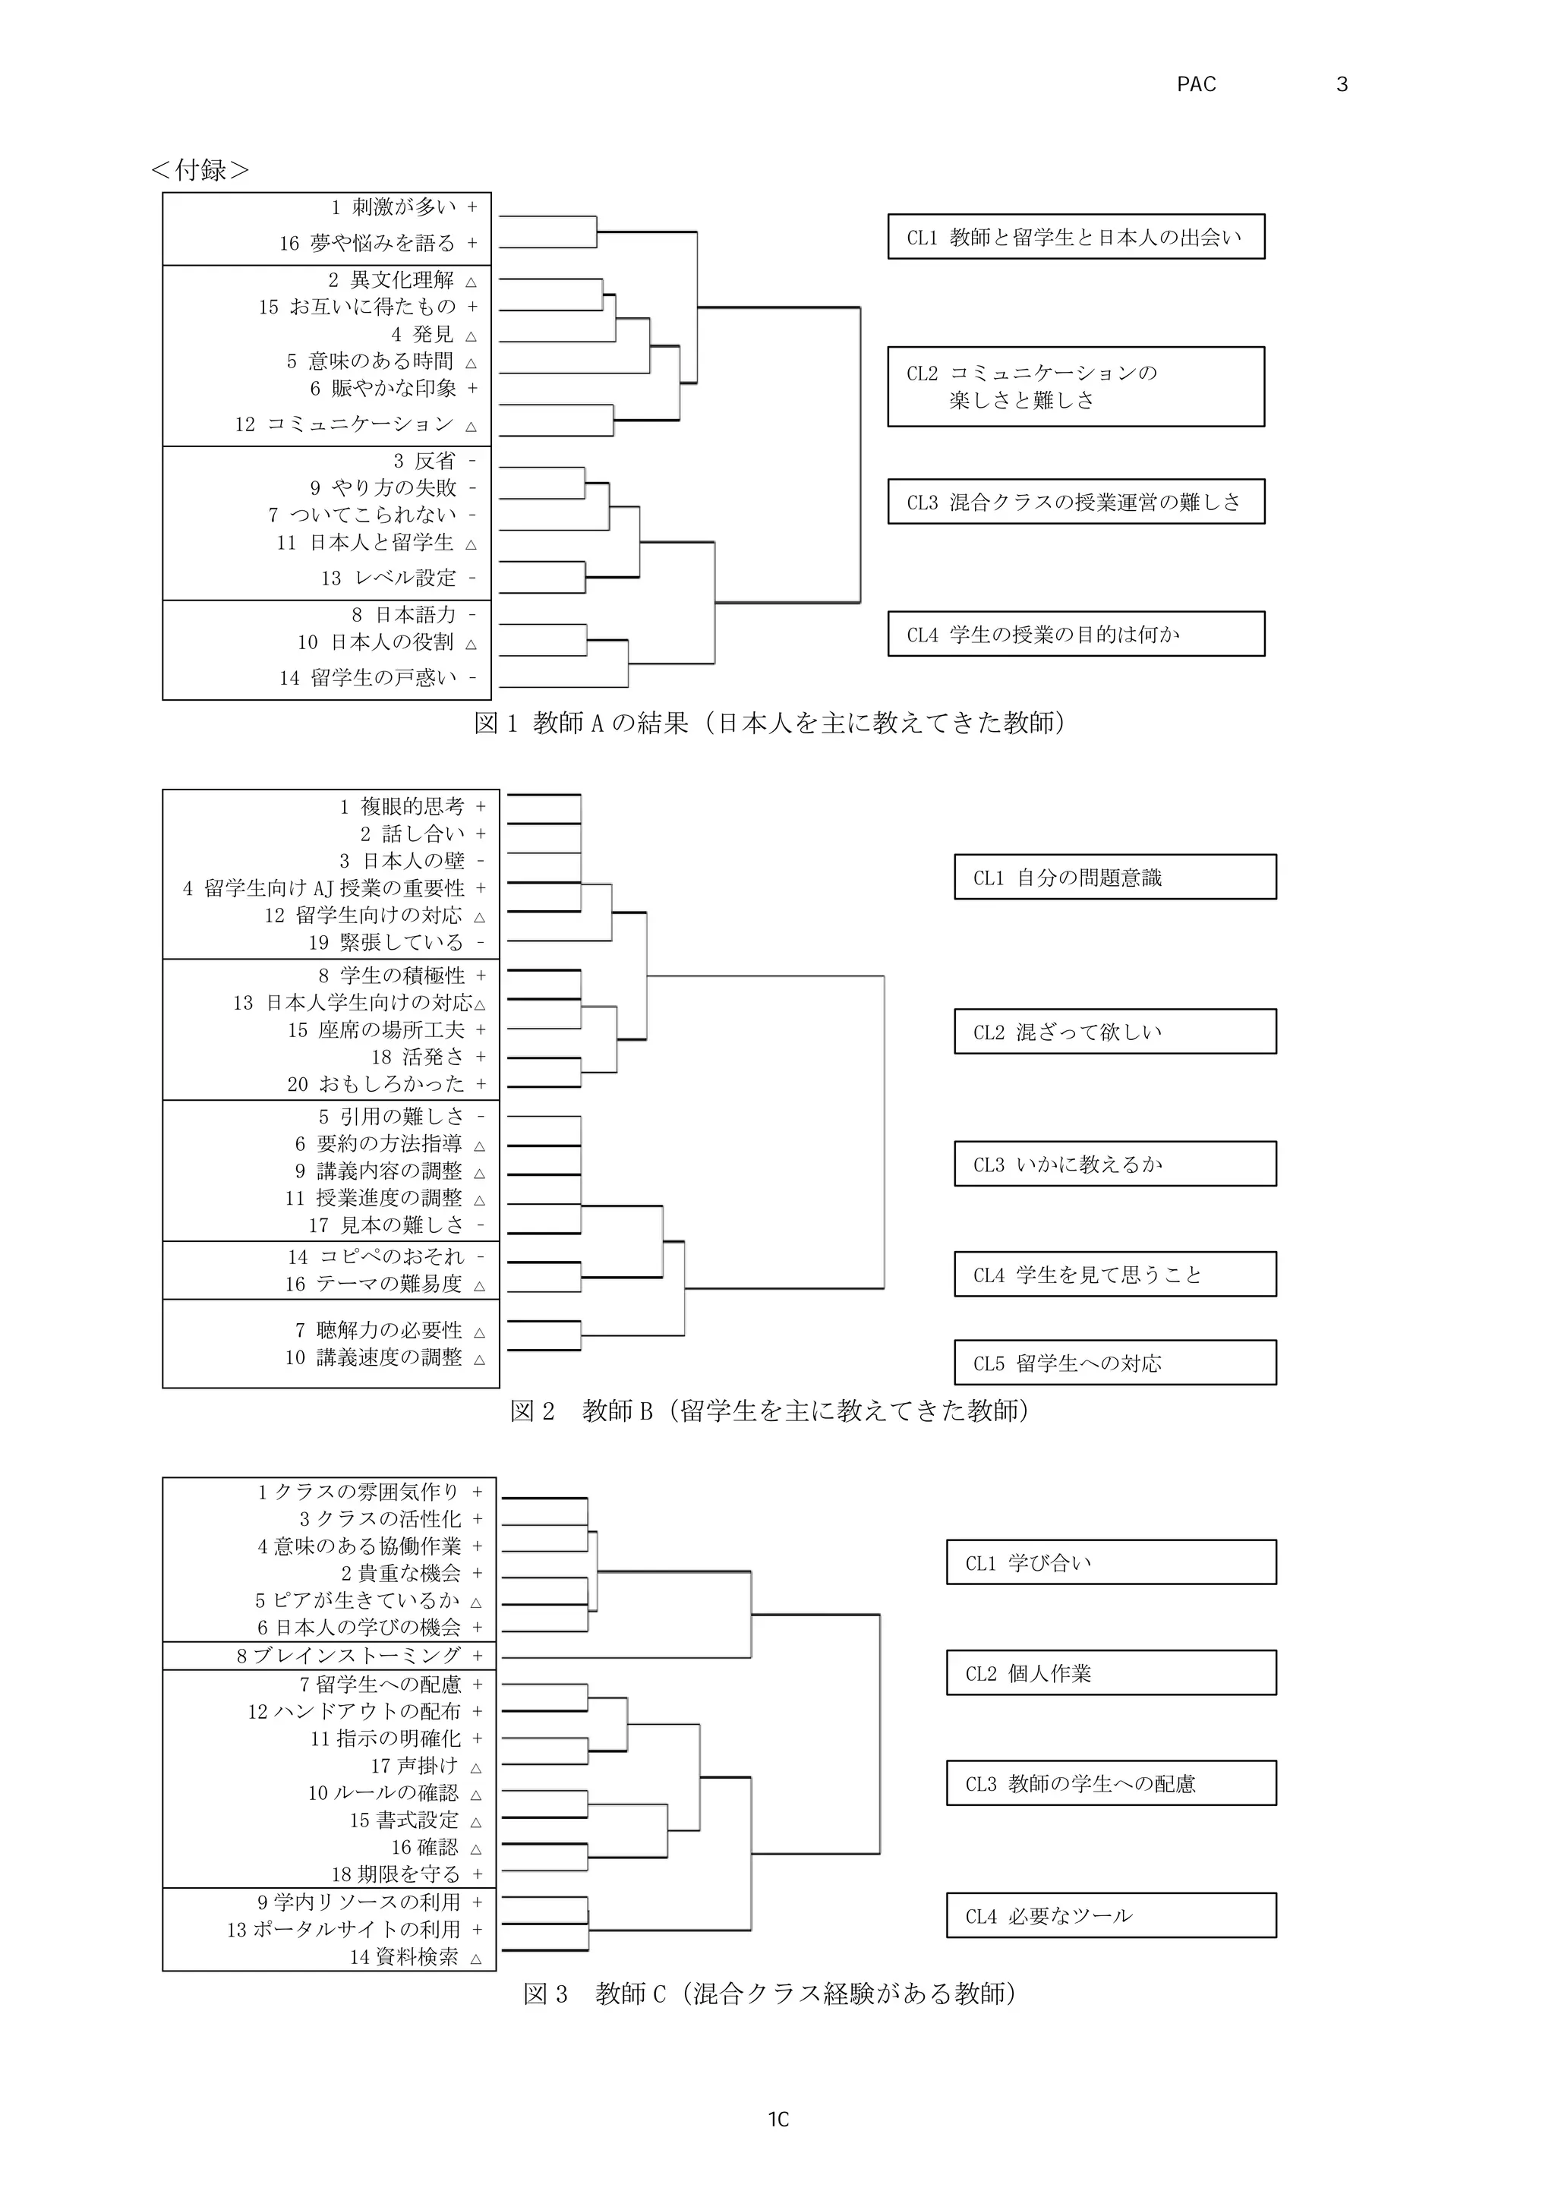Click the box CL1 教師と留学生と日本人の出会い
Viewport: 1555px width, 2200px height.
click(1075, 237)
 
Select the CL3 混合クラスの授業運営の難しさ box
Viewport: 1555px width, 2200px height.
click(1075, 501)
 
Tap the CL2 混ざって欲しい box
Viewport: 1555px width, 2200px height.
click(1115, 1031)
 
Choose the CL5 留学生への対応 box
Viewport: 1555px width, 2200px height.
click(1115, 1362)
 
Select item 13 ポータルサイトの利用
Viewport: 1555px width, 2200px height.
click(344, 1929)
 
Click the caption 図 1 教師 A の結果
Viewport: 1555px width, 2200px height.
click(769, 723)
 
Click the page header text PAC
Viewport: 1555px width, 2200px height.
click(1196, 84)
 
